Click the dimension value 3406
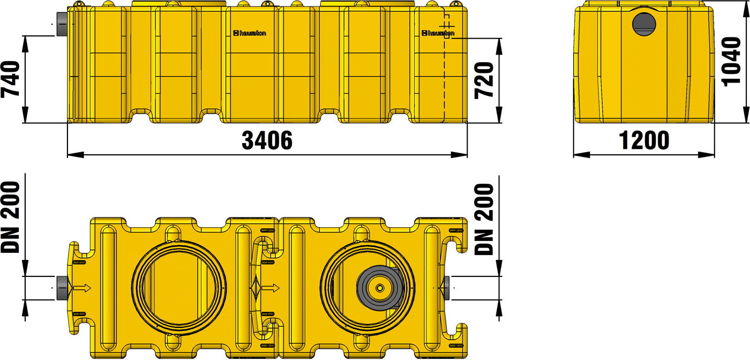coord(267,140)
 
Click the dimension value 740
coord(10,79)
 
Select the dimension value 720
coord(484,80)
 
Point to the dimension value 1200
coord(644,140)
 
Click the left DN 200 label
coord(10,217)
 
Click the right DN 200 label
coord(484,219)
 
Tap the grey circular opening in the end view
coord(644,24)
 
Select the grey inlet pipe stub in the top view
coord(63,288)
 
